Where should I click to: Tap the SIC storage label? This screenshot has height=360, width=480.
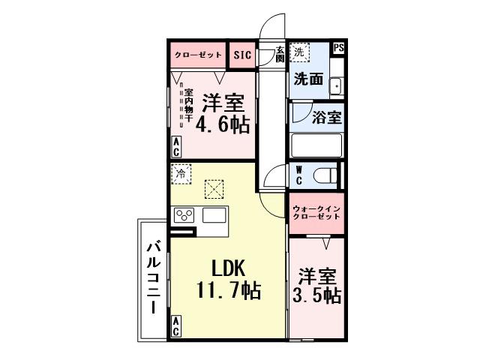[x=241, y=55]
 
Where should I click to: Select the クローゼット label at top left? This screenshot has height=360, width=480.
[x=198, y=55]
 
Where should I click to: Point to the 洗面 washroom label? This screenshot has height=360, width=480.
[x=307, y=79]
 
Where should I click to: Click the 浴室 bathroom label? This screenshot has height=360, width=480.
[x=327, y=117]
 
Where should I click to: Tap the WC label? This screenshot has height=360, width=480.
[x=298, y=175]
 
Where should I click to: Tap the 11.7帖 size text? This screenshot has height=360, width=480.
[x=228, y=290]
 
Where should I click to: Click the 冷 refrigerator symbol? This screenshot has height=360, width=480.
[x=180, y=173]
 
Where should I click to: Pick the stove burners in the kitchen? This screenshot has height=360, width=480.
[x=184, y=216]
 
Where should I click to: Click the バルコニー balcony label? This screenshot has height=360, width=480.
[x=153, y=277]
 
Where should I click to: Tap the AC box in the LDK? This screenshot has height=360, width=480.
[x=175, y=326]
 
